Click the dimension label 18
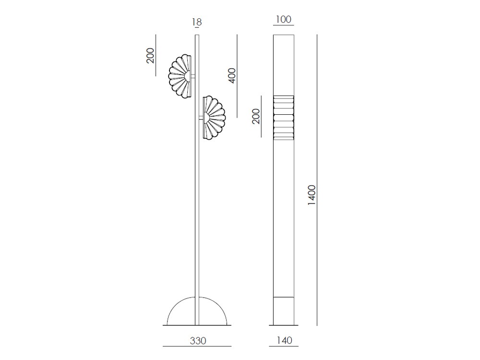coord(197,22)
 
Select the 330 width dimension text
coord(198,340)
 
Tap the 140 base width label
coord(284,340)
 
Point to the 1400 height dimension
coord(312,195)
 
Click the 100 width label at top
coord(284,19)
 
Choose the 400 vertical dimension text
coord(232,76)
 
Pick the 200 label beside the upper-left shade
coord(150,55)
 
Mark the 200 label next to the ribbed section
coord(256,116)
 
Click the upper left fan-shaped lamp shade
coord(180,76)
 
